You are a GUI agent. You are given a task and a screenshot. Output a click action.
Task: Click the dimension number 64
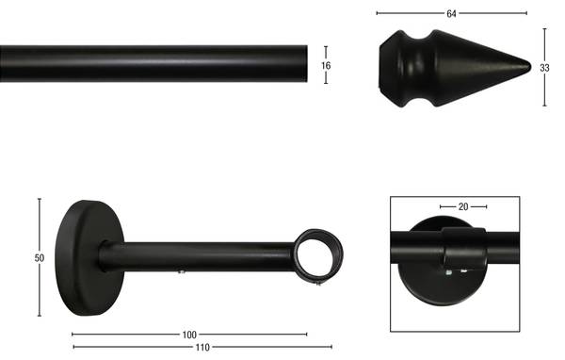[451, 14]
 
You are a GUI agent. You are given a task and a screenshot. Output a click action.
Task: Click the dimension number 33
[544, 68]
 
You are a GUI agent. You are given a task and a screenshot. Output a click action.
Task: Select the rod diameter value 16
[326, 66]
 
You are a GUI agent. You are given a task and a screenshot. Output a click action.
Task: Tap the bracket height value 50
[40, 258]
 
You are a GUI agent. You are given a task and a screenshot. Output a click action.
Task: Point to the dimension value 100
[189, 335]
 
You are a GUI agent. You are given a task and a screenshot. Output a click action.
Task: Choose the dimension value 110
[202, 348]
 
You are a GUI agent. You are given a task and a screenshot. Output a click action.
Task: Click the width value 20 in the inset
[463, 207]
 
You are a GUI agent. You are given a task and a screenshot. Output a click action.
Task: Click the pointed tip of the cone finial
[530, 67]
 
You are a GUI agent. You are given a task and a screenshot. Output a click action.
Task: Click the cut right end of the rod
[306, 64]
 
